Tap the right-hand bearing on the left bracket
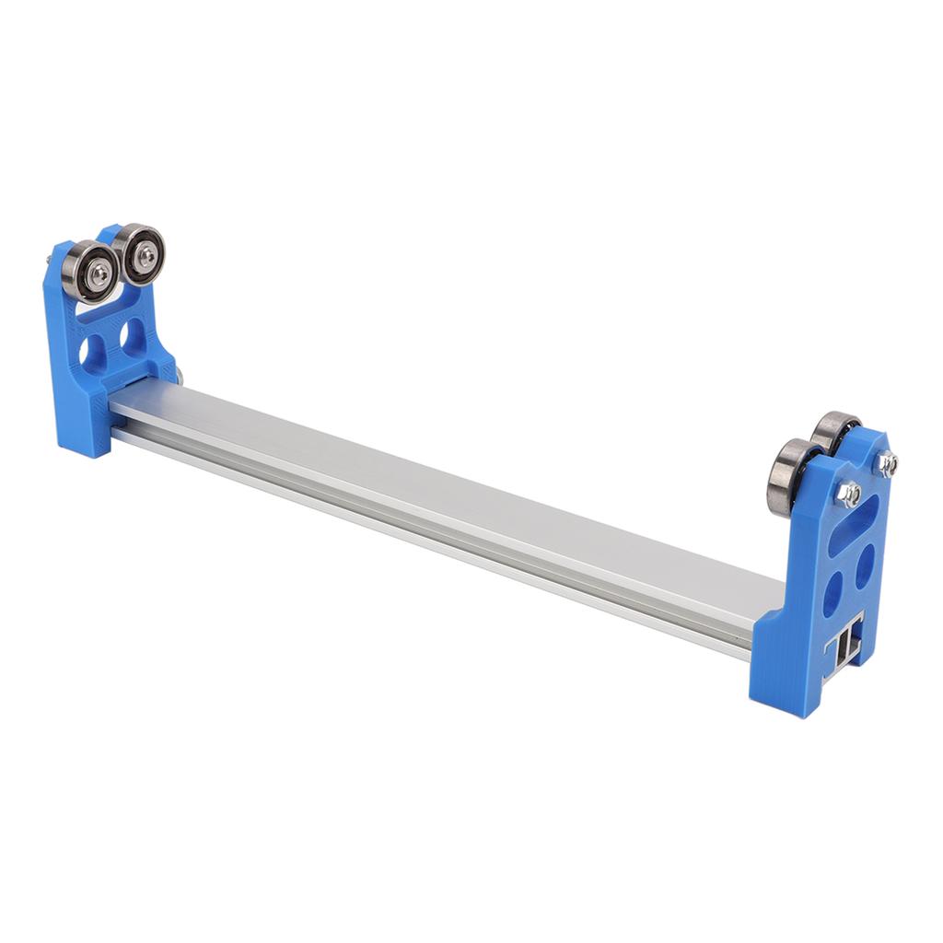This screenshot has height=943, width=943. click(x=139, y=253)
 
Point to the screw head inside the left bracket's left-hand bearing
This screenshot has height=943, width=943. click(x=99, y=274)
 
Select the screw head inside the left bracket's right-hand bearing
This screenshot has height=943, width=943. click(x=145, y=256)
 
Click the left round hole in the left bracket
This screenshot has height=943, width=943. click(x=92, y=351)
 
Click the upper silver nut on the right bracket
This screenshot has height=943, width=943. click(x=887, y=463)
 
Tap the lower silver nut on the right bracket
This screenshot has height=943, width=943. click(x=849, y=495)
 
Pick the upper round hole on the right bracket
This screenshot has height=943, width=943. click(x=865, y=565)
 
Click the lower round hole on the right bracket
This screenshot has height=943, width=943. click(x=832, y=594)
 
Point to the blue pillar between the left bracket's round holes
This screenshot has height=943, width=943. click(x=113, y=345)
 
